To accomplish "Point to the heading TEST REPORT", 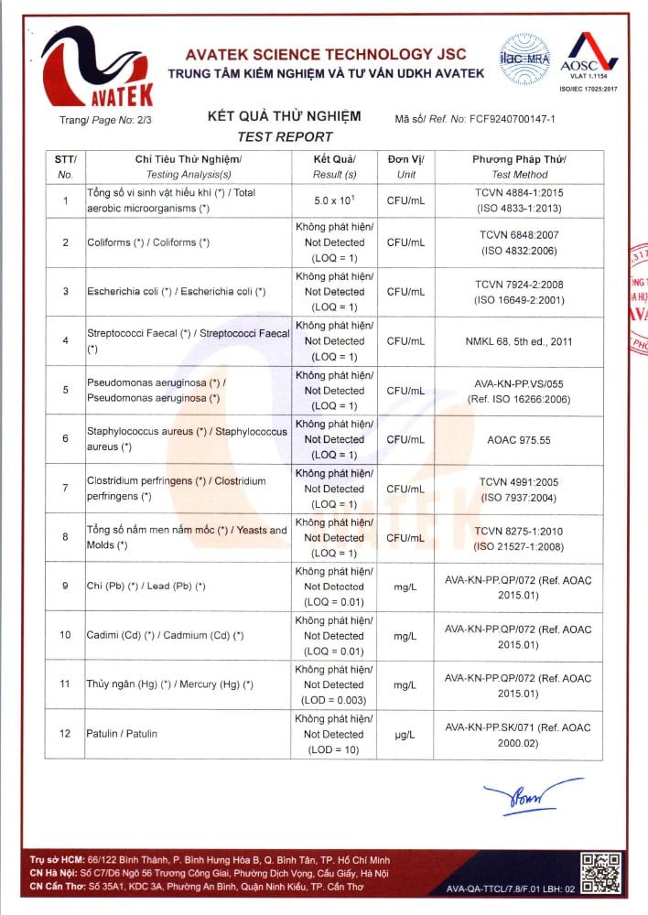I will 285,136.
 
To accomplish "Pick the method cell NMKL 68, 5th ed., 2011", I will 519,341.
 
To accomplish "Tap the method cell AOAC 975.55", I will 519,439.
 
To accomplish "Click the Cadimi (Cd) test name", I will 165,635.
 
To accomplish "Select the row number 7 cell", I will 65,488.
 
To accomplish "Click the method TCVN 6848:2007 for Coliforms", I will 519,242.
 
